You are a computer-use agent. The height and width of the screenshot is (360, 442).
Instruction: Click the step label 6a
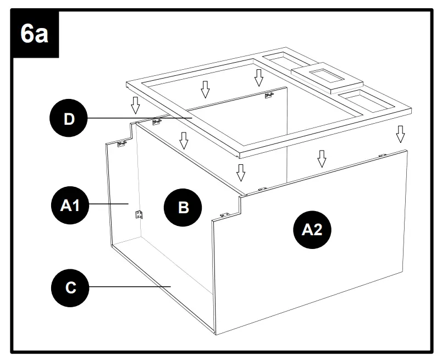pos(35,35)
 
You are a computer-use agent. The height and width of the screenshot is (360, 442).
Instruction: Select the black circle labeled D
pos(69,119)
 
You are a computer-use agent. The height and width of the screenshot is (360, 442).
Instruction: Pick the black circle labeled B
pos(184,207)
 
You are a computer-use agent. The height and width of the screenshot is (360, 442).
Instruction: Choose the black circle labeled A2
pos(312,230)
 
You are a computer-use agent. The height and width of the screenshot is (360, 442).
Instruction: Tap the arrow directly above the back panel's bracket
pos(259,77)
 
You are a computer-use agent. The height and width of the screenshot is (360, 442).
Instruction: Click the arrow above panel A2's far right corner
pos(400,134)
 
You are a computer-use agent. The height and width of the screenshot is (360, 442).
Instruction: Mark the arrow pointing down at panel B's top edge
pos(184,141)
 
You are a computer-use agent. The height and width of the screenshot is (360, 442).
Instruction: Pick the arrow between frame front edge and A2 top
pos(322,158)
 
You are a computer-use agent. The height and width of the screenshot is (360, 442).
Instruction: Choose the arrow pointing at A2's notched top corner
pos(240,172)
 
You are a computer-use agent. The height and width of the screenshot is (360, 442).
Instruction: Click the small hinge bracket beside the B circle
pos(139,213)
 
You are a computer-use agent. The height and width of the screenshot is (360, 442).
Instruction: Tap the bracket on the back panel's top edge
pos(269,96)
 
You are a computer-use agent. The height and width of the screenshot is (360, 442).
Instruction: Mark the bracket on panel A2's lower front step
pos(224,215)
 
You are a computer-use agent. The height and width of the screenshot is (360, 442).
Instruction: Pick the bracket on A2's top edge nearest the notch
pos(262,189)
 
